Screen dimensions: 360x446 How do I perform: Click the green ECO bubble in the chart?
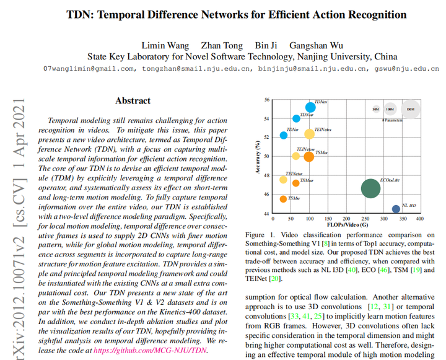click(x=370, y=188)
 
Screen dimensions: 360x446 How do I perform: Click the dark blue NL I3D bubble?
click(x=396, y=209)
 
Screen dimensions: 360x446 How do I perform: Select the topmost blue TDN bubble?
click(x=310, y=107)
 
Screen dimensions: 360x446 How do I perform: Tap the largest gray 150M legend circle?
click(x=410, y=109)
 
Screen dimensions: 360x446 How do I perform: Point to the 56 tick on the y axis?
click(x=266, y=99)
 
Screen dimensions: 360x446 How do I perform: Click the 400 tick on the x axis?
click(x=419, y=219)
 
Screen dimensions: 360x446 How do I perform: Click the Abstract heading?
click(x=133, y=100)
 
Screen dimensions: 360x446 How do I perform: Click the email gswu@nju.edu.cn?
click(x=406, y=69)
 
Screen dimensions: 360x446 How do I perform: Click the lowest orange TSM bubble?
click(x=283, y=199)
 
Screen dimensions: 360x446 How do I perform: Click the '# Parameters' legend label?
click(x=392, y=120)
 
